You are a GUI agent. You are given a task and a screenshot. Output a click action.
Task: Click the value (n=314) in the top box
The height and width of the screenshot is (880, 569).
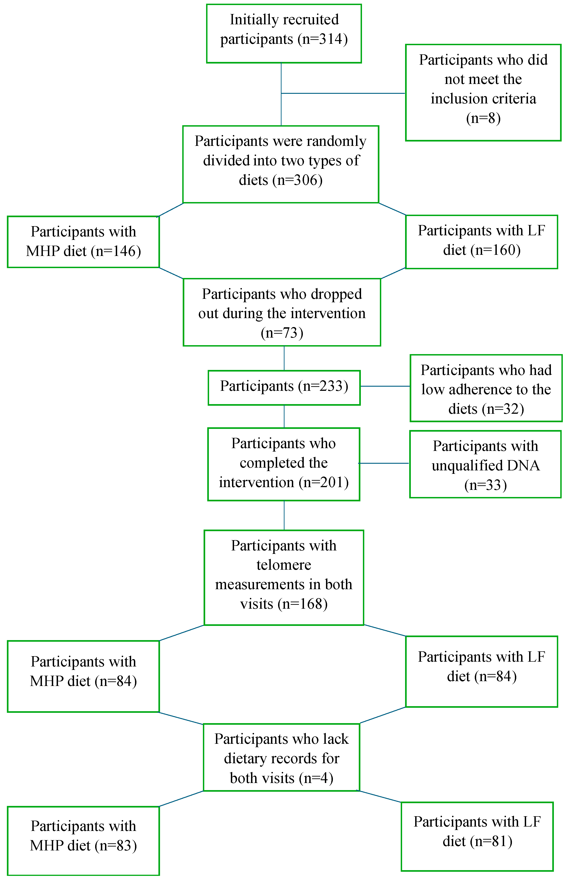tap(325, 39)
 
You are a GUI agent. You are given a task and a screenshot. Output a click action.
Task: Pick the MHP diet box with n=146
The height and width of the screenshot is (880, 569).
tap(83, 242)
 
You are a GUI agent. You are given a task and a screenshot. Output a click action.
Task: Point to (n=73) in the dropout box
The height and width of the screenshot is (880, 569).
tap(282, 333)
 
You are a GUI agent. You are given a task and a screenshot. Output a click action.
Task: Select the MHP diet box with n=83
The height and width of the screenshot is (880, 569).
tap(83, 841)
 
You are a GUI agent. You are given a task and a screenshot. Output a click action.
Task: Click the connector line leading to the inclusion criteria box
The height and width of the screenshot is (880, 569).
tap(344, 93)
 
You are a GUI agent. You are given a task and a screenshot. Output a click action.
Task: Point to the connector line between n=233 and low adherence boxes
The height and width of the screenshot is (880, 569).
tap(385, 386)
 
